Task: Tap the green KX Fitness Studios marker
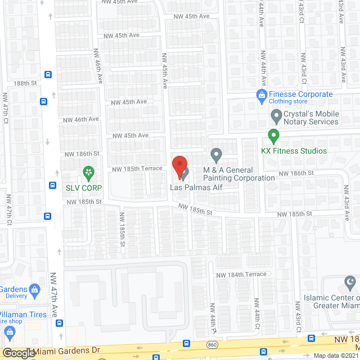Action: coord(273,136)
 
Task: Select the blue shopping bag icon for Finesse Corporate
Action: coord(260,95)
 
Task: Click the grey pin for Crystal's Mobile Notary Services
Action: coord(276,117)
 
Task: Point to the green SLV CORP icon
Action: coord(88,172)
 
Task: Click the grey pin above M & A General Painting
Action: coord(216,154)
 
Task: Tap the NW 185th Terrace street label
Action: coord(137,169)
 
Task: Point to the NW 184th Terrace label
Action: coord(241,274)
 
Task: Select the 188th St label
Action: coord(25,83)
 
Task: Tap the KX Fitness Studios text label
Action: coord(294,151)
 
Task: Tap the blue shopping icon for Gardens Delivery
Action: coord(34,290)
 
